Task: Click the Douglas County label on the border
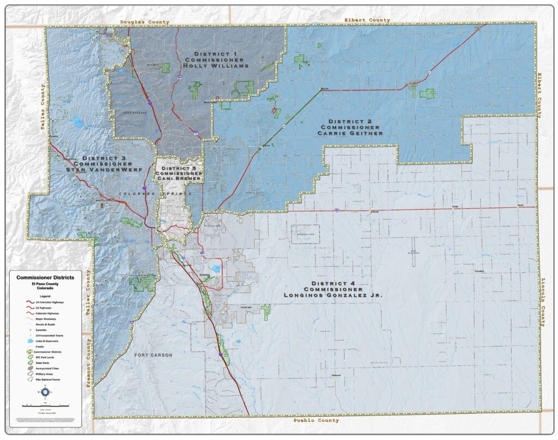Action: click(144, 22)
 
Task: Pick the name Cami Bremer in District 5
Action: click(179, 178)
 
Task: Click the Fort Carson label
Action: click(153, 355)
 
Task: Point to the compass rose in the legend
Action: click(45, 391)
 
